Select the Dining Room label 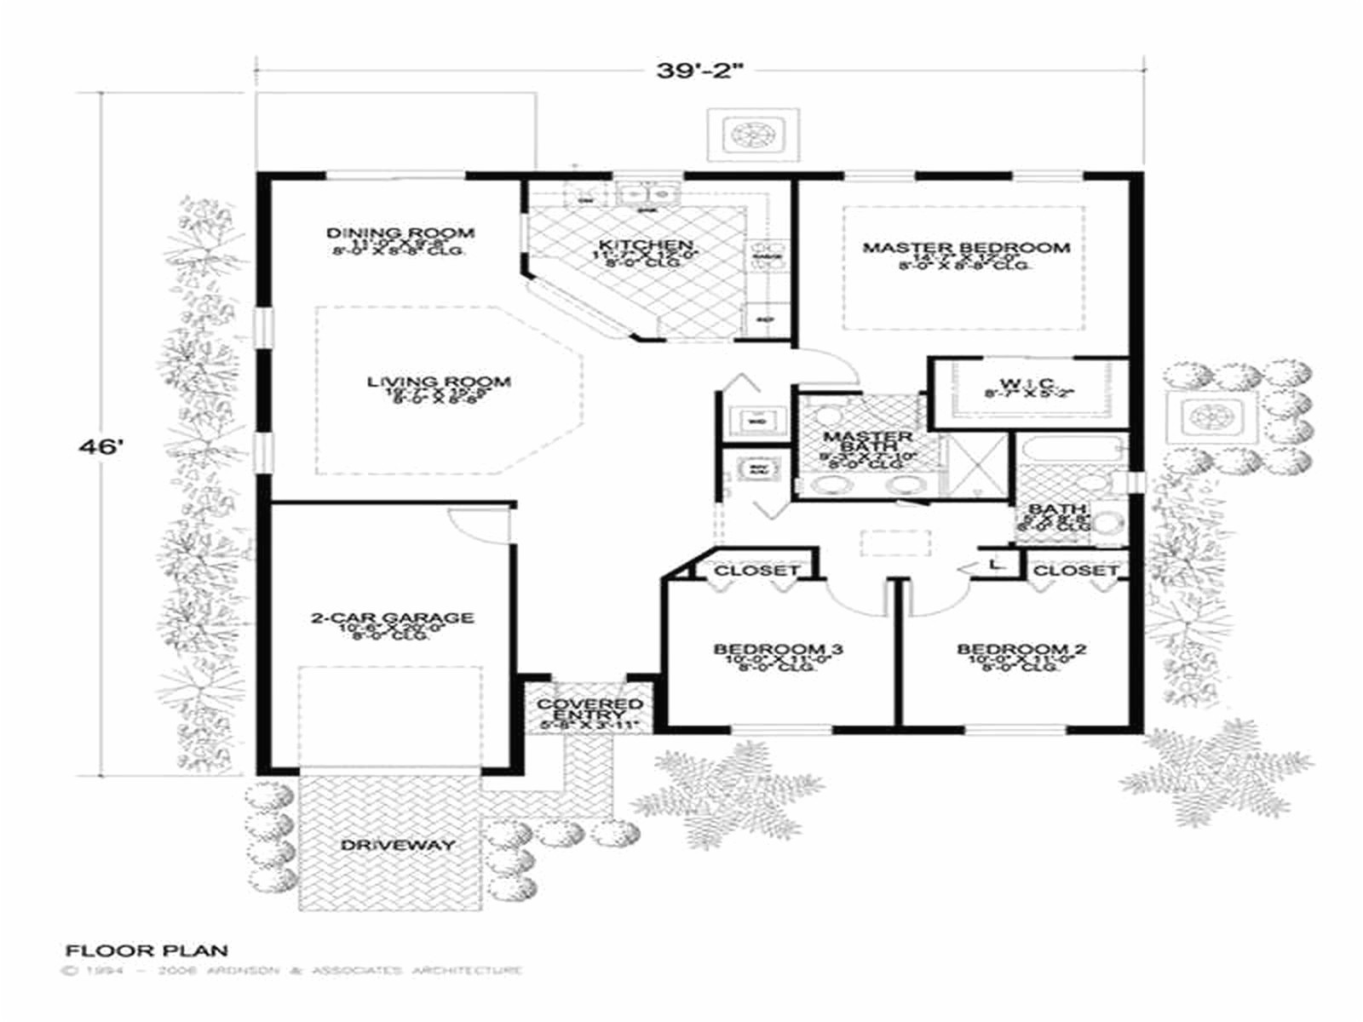click(400, 233)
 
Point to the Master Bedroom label click(966, 248)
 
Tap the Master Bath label click(855, 441)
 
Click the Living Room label click(439, 382)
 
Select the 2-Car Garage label click(392, 617)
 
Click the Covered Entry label click(589, 709)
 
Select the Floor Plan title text click(147, 950)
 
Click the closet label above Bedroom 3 click(756, 570)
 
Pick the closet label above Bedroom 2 click(1076, 570)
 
